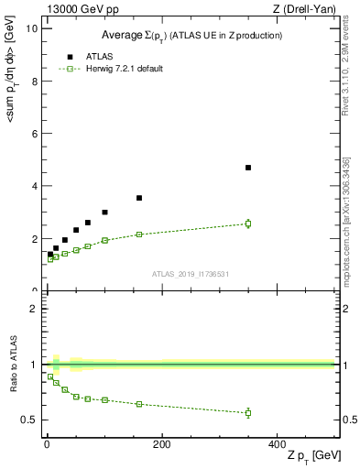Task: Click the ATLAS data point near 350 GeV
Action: [248, 168]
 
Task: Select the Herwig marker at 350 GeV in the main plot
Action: [248, 224]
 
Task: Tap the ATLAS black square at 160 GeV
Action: [139, 198]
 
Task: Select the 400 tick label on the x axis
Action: [277, 444]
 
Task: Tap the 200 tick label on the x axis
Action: [161, 444]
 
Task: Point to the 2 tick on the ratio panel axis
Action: [32, 309]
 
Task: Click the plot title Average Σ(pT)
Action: [191, 35]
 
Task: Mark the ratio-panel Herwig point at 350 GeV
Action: [248, 413]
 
